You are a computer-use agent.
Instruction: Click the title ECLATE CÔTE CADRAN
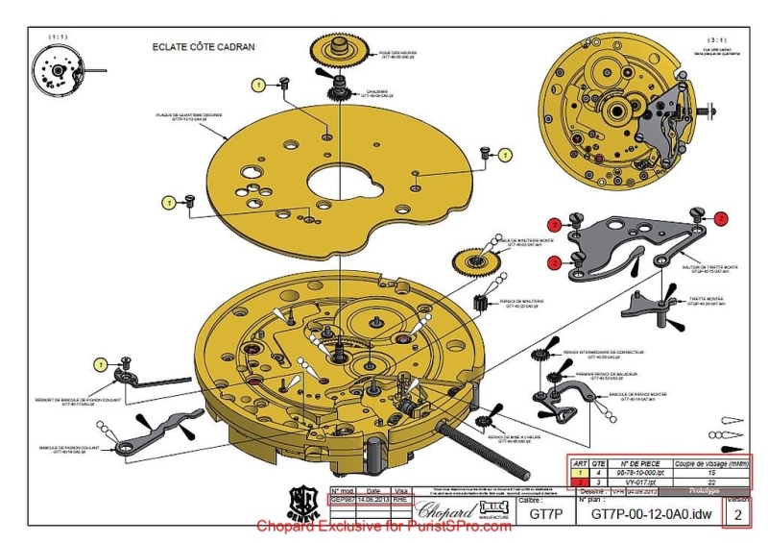pyautogui.click(x=204, y=47)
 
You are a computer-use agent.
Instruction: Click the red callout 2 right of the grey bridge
pyautogui.click(x=722, y=219)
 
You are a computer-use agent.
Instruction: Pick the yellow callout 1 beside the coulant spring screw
pyautogui.click(x=101, y=363)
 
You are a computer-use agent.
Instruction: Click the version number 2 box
pyautogui.click(x=737, y=515)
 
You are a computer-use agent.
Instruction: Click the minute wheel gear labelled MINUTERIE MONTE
pyautogui.click(x=475, y=259)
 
